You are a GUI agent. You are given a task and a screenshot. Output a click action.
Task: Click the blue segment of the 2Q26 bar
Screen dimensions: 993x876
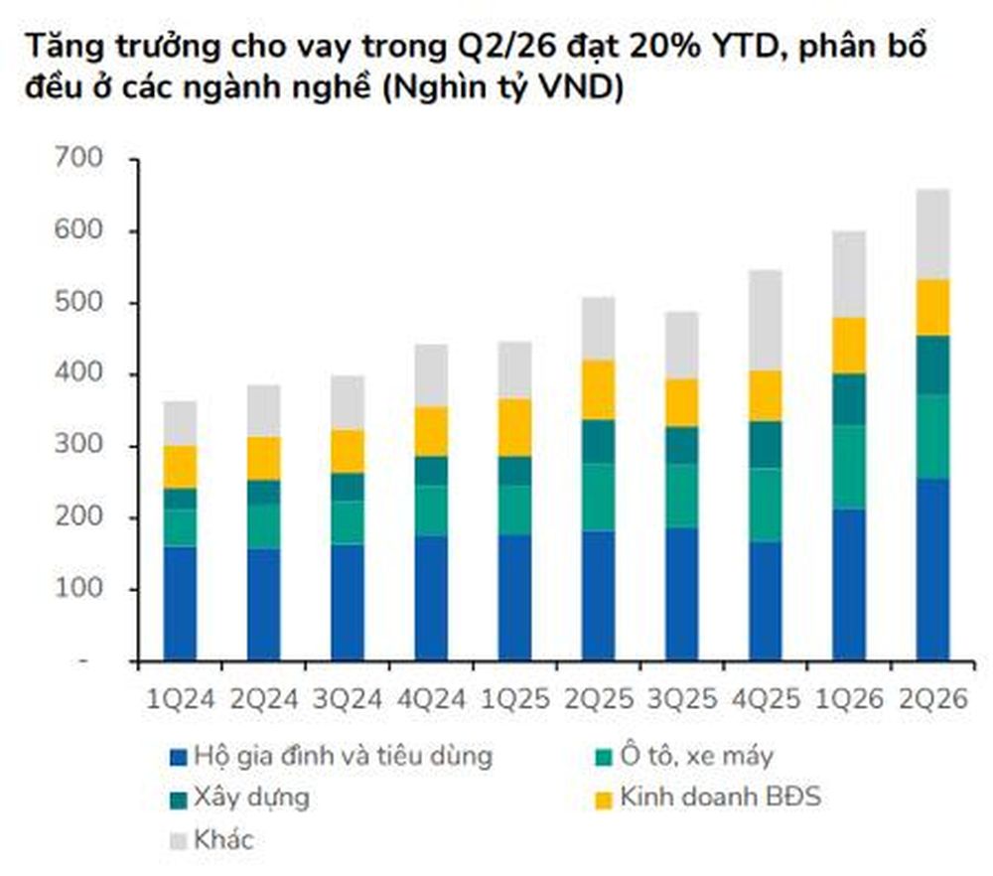click(x=932, y=569)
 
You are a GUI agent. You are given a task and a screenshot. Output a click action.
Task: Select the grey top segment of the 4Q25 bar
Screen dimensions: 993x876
click(x=766, y=320)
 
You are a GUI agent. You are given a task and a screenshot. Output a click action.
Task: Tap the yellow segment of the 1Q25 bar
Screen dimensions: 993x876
click(x=514, y=427)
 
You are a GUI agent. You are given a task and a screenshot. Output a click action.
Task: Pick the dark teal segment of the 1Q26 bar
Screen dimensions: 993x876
click(x=849, y=399)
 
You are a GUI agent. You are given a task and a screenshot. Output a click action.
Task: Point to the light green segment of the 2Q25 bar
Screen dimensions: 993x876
click(x=599, y=498)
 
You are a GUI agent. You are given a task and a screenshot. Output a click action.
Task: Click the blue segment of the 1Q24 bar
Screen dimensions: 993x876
click(x=181, y=604)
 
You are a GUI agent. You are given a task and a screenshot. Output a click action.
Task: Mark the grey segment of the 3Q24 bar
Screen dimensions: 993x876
click(x=348, y=402)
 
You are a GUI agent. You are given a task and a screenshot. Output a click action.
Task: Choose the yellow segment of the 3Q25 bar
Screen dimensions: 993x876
click(x=682, y=402)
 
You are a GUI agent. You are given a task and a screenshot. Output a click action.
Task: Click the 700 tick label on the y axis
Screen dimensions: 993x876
click(x=78, y=158)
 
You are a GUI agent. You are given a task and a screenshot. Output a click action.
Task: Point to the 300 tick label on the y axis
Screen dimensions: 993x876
click(x=78, y=445)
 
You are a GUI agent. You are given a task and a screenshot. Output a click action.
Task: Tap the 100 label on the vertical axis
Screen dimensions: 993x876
click(x=78, y=588)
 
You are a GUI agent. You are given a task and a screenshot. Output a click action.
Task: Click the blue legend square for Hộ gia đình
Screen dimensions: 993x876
click(x=179, y=758)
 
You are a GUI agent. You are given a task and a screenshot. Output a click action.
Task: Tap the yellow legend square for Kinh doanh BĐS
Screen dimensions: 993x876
click(x=604, y=800)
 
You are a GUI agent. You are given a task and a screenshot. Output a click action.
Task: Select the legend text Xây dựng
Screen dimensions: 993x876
click(x=251, y=799)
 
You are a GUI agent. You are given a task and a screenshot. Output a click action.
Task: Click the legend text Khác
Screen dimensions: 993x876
click(x=223, y=840)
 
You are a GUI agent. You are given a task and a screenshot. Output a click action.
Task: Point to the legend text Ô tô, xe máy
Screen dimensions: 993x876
click(x=697, y=756)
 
